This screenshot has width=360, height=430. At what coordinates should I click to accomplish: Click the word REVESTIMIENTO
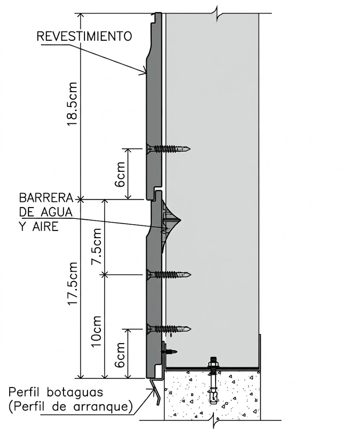tap(84, 36)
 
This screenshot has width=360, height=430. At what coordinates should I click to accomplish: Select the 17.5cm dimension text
tap(73, 283)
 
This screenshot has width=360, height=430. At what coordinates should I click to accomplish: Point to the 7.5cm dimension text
tap(97, 246)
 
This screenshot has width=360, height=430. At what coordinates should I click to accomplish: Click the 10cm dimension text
tap(97, 331)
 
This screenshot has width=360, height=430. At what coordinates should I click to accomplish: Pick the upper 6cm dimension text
tap(120, 174)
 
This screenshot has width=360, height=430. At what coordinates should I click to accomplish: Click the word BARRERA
tap(46, 197)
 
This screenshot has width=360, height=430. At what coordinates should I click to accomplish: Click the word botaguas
tap(75, 392)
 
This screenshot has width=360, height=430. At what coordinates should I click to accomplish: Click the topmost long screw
tap(168, 149)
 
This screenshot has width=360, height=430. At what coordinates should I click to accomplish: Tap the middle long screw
tap(168, 275)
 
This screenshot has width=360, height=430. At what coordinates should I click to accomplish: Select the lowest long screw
tap(168, 328)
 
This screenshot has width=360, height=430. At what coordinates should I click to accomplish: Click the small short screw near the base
tap(169, 351)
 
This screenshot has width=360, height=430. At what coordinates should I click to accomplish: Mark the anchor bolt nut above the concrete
tap(213, 365)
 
